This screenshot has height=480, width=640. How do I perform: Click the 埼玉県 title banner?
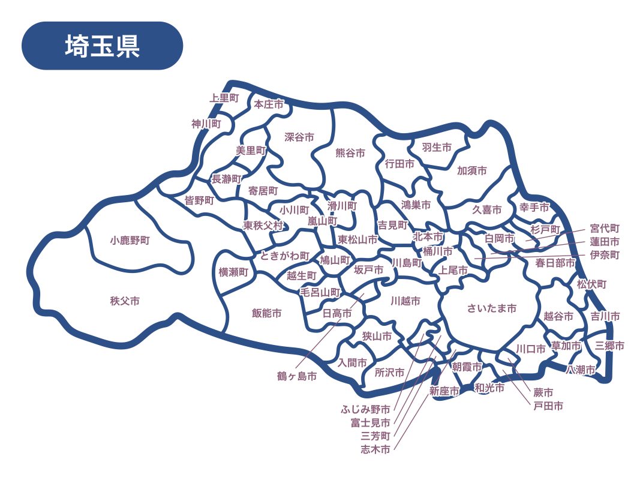click(102, 46)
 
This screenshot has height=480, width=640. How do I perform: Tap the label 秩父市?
click(125, 301)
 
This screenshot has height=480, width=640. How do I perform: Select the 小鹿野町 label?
click(130, 241)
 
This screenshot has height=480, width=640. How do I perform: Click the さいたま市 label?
click(492, 308)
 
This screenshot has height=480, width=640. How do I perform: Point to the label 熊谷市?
click(350, 153)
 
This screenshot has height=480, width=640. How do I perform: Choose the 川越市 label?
click(405, 300)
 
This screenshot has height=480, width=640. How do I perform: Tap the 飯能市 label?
click(266, 313)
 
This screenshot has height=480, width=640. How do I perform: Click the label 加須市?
click(472, 171)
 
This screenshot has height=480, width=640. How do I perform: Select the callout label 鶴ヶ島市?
click(296, 376)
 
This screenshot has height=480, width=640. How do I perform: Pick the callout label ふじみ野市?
click(366, 409)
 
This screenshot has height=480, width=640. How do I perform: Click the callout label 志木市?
click(375, 449)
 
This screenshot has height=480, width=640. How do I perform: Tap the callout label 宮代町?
click(605, 229)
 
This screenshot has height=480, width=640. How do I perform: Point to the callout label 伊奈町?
click(605, 255)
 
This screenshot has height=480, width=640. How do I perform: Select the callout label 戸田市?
click(548, 406)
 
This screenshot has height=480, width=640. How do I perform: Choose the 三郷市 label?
click(609, 346)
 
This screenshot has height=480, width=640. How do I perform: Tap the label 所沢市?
click(389, 373)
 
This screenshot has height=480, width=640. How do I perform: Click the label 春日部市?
click(555, 262)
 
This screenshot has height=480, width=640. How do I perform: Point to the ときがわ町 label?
click(285, 256)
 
